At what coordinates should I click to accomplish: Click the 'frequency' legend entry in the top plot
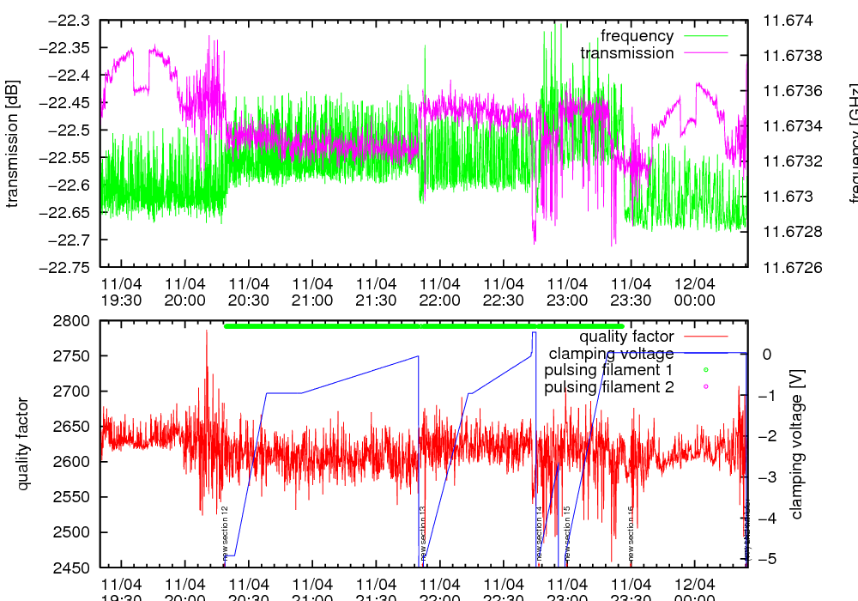click(x=637, y=36)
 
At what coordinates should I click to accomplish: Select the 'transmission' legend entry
click(x=626, y=53)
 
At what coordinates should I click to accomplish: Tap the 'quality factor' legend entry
click(x=625, y=337)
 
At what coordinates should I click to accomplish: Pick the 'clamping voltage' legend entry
click(x=611, y=354)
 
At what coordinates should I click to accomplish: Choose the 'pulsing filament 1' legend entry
click(x=609, y=370)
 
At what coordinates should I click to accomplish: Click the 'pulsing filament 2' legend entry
click(x=609, y=387)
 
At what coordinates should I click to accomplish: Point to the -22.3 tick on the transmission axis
click(x=66, y=21)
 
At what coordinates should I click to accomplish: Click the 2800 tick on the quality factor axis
click(x=73, y=321)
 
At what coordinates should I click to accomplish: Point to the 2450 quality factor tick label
click(x=73, y=568)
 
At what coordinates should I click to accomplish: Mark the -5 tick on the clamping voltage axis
click(x=766, y=559)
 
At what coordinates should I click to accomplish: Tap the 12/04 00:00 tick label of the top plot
click(x=694, y=291)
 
